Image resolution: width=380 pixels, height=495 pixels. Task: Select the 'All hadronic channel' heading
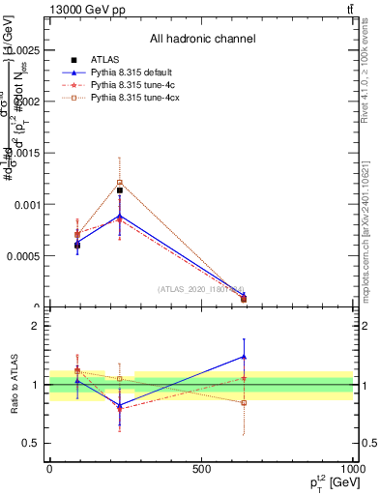202,39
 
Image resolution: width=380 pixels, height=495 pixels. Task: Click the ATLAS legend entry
104,60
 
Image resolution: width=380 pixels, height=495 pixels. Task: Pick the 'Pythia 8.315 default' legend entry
134,73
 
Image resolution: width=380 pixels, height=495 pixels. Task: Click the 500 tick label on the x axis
201,468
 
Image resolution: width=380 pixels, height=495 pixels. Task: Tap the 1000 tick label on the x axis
352,468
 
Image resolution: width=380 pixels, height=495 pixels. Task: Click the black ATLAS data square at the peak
120,190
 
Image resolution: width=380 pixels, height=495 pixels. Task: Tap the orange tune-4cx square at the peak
120,182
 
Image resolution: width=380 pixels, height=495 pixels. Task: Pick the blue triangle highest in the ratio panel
244,357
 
